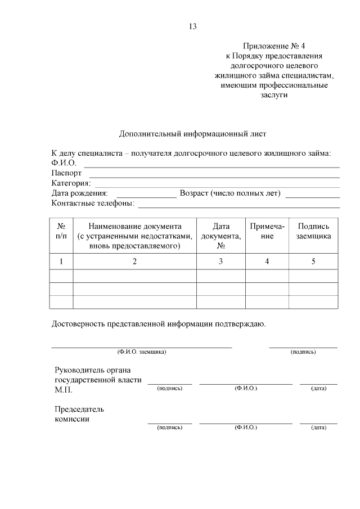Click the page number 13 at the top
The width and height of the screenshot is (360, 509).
[193, 26]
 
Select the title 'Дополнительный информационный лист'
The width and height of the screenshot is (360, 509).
[192, 134]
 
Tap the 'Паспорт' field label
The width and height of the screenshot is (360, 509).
[66, 173]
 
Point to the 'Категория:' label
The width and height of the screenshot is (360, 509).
[71, 183]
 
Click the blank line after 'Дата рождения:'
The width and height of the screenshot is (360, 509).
[146, 196]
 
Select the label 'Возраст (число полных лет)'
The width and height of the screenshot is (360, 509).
[230, 193]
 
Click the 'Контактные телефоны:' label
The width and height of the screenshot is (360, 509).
[93, 204]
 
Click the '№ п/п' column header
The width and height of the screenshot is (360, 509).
[61, 236]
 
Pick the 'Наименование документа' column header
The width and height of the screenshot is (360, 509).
[135, 236]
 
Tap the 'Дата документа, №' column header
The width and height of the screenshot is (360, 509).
[221, 236]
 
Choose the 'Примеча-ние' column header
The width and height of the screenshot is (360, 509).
[267, 231]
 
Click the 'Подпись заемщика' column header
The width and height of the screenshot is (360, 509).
[314, 231]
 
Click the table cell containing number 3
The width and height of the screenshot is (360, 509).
[221, 261]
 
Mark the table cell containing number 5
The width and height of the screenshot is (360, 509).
[314, 261]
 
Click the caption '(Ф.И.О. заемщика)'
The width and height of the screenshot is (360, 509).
[141, 352]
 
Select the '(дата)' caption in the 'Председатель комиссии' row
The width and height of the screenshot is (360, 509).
[318, 427]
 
